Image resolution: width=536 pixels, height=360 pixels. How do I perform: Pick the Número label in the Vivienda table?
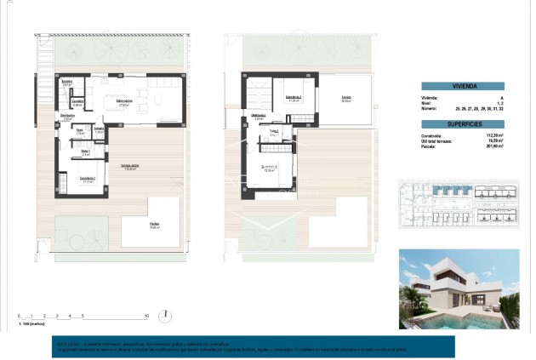point(430,109)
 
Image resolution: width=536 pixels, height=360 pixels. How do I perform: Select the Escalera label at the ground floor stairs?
point(67,83)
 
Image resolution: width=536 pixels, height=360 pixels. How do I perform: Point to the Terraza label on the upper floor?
point(346,96)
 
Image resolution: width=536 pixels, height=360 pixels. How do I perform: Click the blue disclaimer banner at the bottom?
point(253,346)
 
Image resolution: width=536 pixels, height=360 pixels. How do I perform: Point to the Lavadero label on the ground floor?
point(77,101)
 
